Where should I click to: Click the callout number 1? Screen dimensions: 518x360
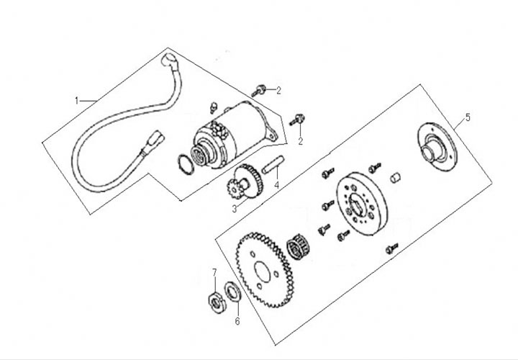tap(77, 100)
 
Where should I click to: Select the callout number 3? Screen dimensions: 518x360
tap(234, 209)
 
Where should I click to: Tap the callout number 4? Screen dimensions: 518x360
tap(276, 185)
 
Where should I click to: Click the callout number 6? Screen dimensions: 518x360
tap(237, 321)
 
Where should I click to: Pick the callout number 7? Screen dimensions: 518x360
tap(214, 271)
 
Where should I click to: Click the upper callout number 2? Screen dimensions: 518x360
tap(278, 91)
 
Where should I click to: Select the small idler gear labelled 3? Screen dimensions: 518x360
tap(243, 184)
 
